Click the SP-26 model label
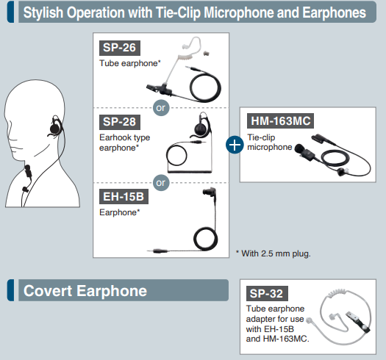pyautogui.click(x=120, y=48)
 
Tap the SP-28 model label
pyautogui.click(x=120, y=122)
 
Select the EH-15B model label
pyautogui.click(x=124, y=197)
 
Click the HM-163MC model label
pyautogui.click(x=280, y=120)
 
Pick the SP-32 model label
pyautogui.click(x=267, y=293)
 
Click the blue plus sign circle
pyautogui.click(x=235, y=145)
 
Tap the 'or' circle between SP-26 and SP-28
pyautogui.click(x=161, y=108)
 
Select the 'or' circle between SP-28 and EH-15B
pyautogui.click(x=161, y=183)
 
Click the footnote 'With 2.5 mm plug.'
pyautogui.click(x=274, y=253)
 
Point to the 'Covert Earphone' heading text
pyautogui.click(x=85, y=291)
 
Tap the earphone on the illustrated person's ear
pyautogui.click(x=55, y=126)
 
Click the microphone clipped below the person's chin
pyautogui.click(x=28, y=171)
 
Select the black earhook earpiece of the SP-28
pyautogui.click(x=201, y=126)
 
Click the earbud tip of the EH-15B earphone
pyautogui.click(x=209, y=192)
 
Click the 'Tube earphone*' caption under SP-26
pyautogui.click(x=130, y=63)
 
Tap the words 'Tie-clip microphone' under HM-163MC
pyautogui.click(x=270, y=143)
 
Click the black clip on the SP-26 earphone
pyautogui.click(x=160, y=90)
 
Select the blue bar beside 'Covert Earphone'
pyautogui.click(x=10, y=290)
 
